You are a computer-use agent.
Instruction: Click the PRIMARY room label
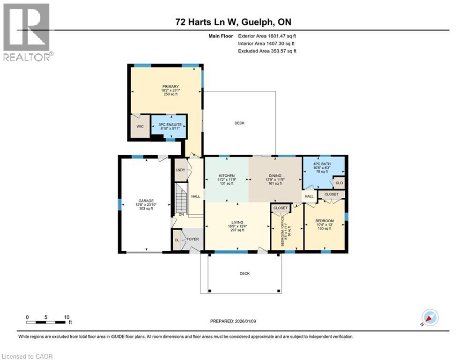pos(168,86)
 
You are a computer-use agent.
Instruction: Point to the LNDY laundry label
pos(180,170)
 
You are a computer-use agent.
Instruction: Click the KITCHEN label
pos(226,176)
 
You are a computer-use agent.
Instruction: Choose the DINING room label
pos(274,176)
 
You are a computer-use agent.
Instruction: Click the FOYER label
pos(193,239)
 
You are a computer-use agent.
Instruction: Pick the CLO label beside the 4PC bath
pos(340,182)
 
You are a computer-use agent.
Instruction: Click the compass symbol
pos(429,318)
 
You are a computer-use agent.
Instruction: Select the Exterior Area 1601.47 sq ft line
pos(267,35)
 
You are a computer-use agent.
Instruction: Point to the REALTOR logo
pos(28,32)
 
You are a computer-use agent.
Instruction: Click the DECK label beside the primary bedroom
pos(239,123)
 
